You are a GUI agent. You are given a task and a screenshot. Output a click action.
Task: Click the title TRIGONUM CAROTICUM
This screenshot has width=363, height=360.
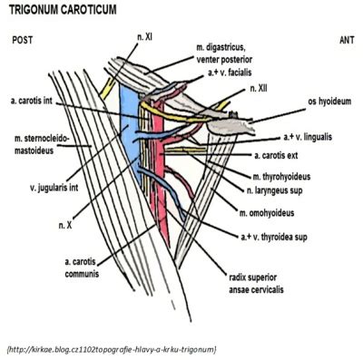[x=63, y=10]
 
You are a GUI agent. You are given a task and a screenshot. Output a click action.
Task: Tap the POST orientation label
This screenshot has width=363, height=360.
[x=23, y=40]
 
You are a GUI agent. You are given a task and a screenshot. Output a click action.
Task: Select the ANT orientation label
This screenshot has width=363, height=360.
[x=347, y=40]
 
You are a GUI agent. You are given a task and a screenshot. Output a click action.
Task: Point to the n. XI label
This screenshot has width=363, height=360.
[x=144, y=37]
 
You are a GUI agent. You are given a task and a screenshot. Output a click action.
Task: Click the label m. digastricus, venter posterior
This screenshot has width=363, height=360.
[x=224, y=54]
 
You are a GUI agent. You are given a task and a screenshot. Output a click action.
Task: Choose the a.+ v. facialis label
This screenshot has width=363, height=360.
[x=230, y=73]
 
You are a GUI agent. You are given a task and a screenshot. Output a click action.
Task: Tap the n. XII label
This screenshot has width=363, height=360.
[x=259, y=88]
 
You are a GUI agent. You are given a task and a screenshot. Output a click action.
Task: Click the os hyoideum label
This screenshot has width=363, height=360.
[x=329, y=102]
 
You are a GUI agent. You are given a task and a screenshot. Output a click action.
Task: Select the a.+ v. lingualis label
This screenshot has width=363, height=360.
[x=308, y=137]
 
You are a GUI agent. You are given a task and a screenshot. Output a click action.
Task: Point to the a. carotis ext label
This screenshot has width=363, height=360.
[x=276, y=155]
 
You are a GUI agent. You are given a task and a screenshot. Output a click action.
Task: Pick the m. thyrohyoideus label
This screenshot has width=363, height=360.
[x=281, y=177]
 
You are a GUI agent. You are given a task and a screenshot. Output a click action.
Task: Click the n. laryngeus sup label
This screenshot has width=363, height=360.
[x=275, y=190]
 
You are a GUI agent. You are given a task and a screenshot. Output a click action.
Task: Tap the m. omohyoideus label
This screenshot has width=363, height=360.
[x=267, y=213]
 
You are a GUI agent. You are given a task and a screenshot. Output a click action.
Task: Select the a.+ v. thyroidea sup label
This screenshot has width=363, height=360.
[x=274, y=237]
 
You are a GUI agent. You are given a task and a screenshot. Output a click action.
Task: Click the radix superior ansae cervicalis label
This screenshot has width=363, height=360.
[x=256, y=284]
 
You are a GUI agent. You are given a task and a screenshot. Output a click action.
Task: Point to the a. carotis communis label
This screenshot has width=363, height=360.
[x=82, y=268]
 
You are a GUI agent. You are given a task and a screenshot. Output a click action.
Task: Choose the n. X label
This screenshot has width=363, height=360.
[x=65, y=225]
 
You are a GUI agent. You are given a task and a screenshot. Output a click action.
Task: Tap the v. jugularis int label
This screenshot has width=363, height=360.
[x=54, y=188]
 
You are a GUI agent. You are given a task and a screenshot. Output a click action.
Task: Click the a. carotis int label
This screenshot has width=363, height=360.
[x=32, y=101]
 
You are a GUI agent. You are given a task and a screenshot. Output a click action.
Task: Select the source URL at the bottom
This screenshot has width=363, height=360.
[x=111, y=349]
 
